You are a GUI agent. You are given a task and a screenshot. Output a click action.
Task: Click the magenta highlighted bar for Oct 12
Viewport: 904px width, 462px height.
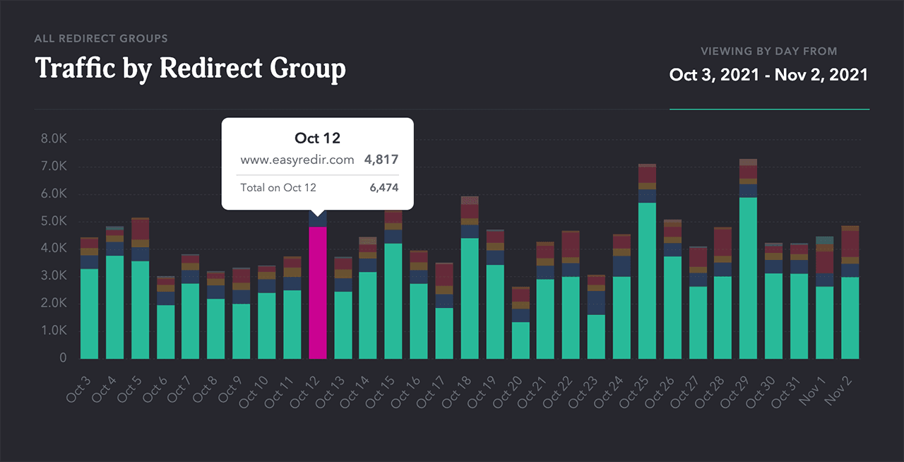click(x=318, y=292)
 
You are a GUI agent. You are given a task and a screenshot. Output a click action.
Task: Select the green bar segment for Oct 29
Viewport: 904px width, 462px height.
click(x=748, y=278)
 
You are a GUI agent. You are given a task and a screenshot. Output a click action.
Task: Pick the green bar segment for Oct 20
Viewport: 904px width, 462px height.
click(x=521, y=340)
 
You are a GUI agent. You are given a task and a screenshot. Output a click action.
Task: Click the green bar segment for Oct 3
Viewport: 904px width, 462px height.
click(x=90, y=314)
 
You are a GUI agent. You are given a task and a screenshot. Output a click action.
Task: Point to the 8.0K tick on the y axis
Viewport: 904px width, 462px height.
click(x=53, y=139)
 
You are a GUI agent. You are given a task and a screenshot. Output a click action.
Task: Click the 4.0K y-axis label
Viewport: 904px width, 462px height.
click(x=53, y=249)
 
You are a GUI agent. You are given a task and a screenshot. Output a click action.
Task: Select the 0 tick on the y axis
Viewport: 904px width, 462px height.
click(x=63, y=358)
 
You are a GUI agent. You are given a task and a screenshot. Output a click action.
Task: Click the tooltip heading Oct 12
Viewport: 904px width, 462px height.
click(x=317, y=138)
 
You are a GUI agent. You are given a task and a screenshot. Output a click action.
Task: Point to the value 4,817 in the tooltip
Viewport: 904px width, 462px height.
click(x=381, y=160)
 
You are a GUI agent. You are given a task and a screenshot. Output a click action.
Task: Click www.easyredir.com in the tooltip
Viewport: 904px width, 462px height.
click(x=297, y=160)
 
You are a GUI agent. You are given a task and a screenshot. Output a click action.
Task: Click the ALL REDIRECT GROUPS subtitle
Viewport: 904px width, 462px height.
click(x=101, y=38)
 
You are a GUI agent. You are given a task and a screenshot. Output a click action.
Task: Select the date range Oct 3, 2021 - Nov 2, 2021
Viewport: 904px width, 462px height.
click(x=768, y=75)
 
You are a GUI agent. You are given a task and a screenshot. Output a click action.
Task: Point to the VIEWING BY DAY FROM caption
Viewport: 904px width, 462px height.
click(x=768, y=51)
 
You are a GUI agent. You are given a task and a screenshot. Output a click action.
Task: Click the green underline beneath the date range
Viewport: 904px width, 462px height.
click(x=769, y=109)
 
